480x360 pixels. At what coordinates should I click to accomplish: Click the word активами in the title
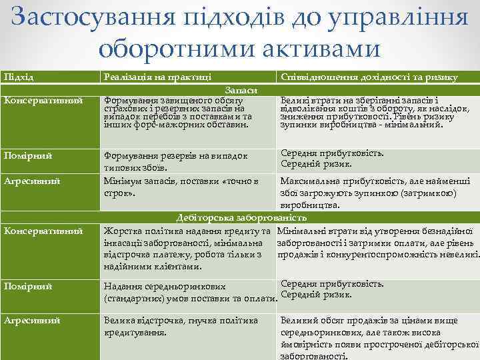pyautogui.click(x=314, y=48)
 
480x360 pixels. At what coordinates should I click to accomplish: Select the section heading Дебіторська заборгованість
pyautogui.click(x=241, y=217)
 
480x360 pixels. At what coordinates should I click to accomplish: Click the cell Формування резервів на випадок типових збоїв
pyautogui.click(x=175, y=161)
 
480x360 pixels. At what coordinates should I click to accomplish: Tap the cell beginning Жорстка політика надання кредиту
pyautogui.click(x=187, y=248)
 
